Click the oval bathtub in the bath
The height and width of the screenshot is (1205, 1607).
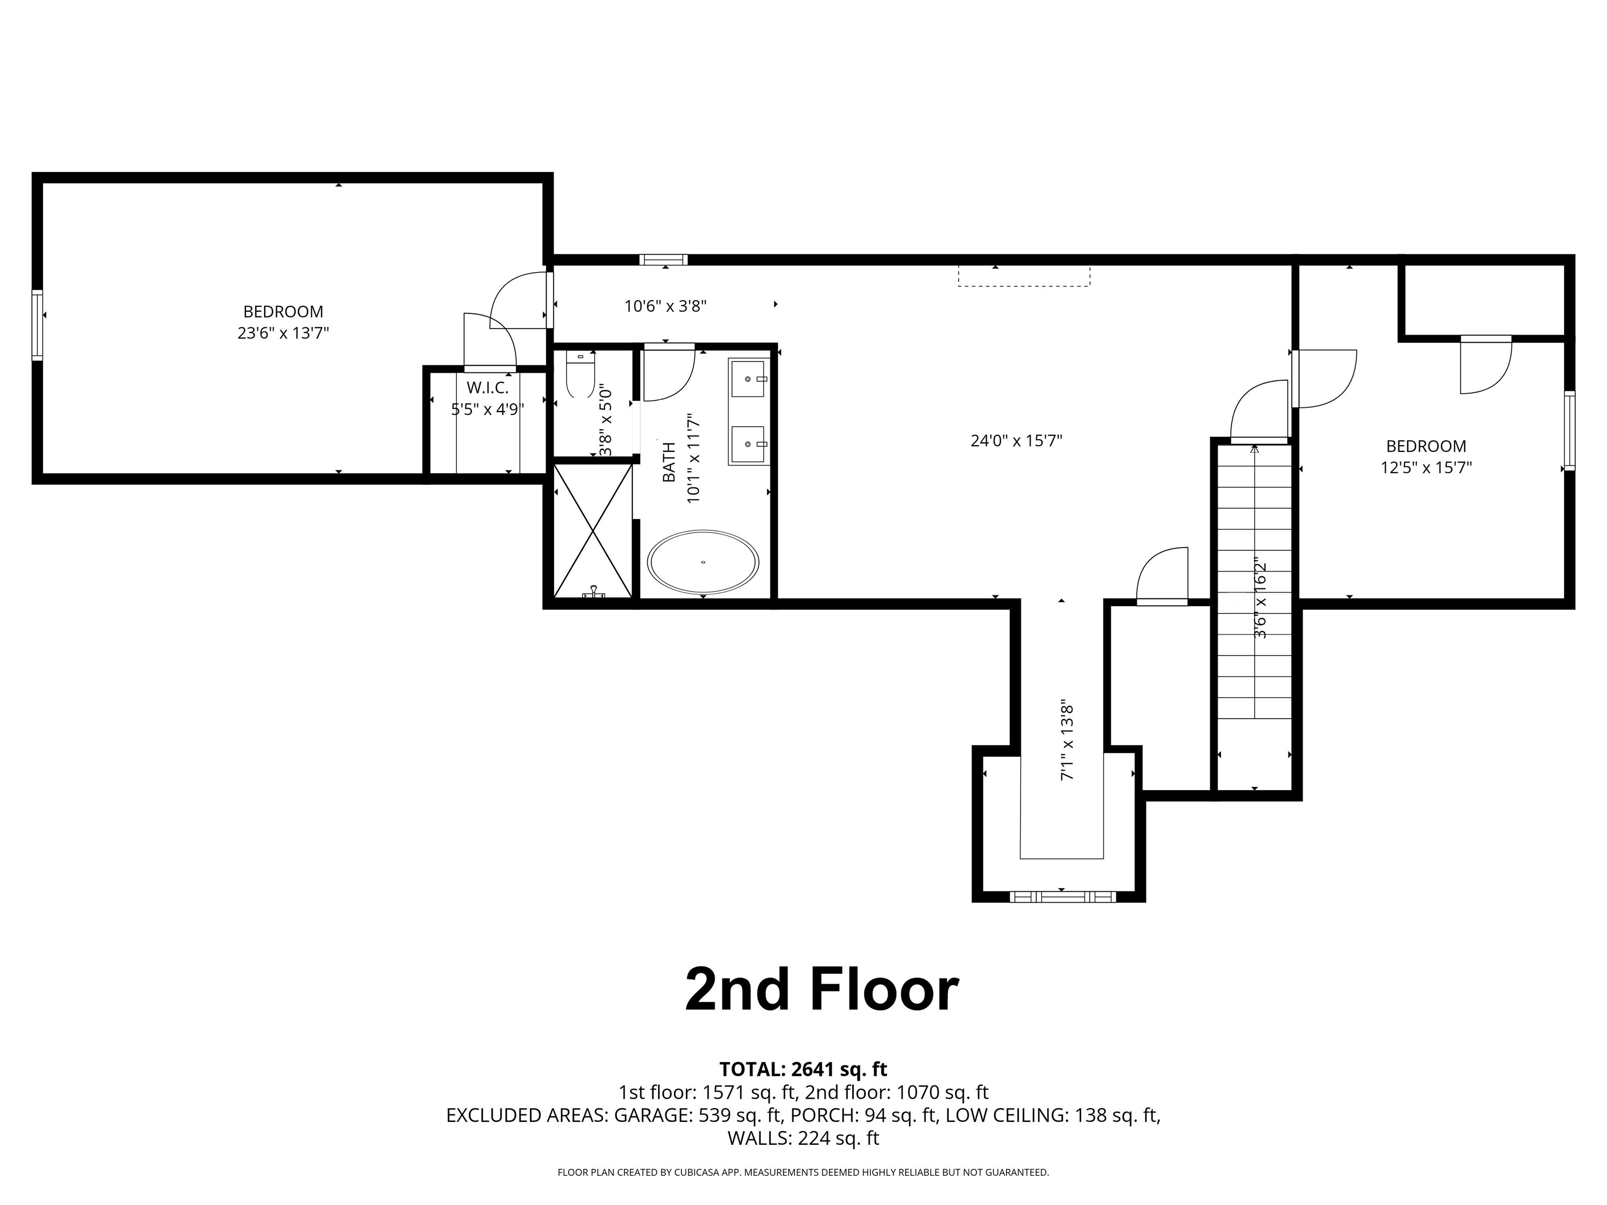click(703, 562)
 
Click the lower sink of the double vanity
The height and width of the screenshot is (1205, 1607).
click(748, 444)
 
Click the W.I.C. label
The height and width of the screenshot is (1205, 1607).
click(488, 388)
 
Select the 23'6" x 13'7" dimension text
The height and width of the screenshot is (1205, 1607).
click(284, 333)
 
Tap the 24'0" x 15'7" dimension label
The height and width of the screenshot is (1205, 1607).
click(1016, 440)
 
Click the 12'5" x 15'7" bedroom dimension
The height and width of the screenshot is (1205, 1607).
click(1426, 467)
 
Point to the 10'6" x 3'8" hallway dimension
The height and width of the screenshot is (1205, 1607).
click(665, 306)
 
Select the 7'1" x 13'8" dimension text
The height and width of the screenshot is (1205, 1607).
click(1067, 742)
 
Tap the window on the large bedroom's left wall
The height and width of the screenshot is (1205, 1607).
click(37, 325)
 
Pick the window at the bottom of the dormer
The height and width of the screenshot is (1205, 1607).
click(1062, 896)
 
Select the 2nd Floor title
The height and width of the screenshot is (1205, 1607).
click(822, 990)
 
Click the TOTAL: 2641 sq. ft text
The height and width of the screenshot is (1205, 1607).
click(803, 1069)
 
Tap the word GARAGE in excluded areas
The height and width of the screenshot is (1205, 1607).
click(652, 1115)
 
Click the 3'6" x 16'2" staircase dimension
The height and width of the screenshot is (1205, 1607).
click(1261, 597)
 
